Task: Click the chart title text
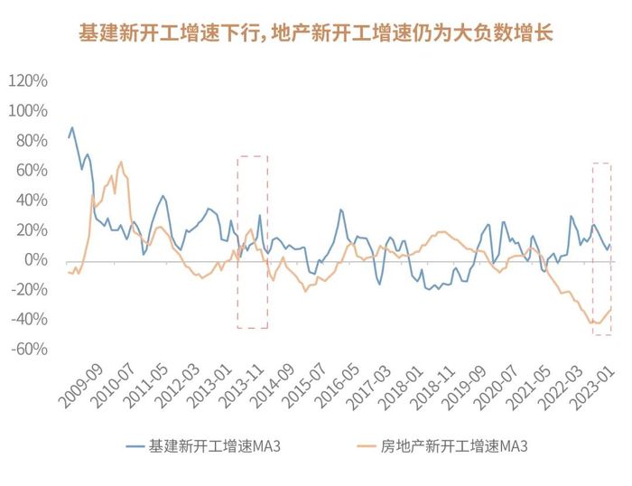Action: (x=315, y=33)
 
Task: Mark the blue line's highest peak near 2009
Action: (x=72, y=127)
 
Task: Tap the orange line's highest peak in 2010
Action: (x=121, y=163)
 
